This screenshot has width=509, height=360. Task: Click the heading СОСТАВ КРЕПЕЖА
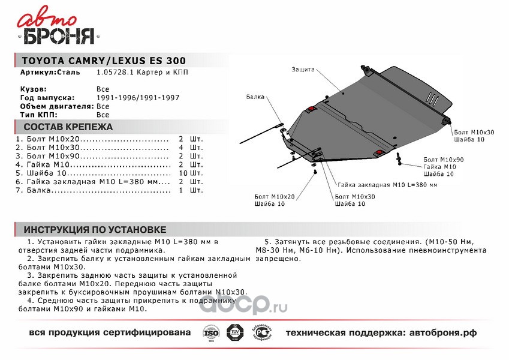tap(68, 127)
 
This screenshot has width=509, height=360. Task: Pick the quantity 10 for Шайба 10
tap(183, 173)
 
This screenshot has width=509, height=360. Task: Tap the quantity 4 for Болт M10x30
tap(180, 147)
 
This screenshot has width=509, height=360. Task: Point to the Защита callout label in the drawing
tap(303, 70)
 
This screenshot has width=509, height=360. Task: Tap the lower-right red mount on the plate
tap(378, 153)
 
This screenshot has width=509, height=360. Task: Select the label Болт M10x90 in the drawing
tap(441, 159)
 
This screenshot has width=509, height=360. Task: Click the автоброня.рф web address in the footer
tap(445, 332)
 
